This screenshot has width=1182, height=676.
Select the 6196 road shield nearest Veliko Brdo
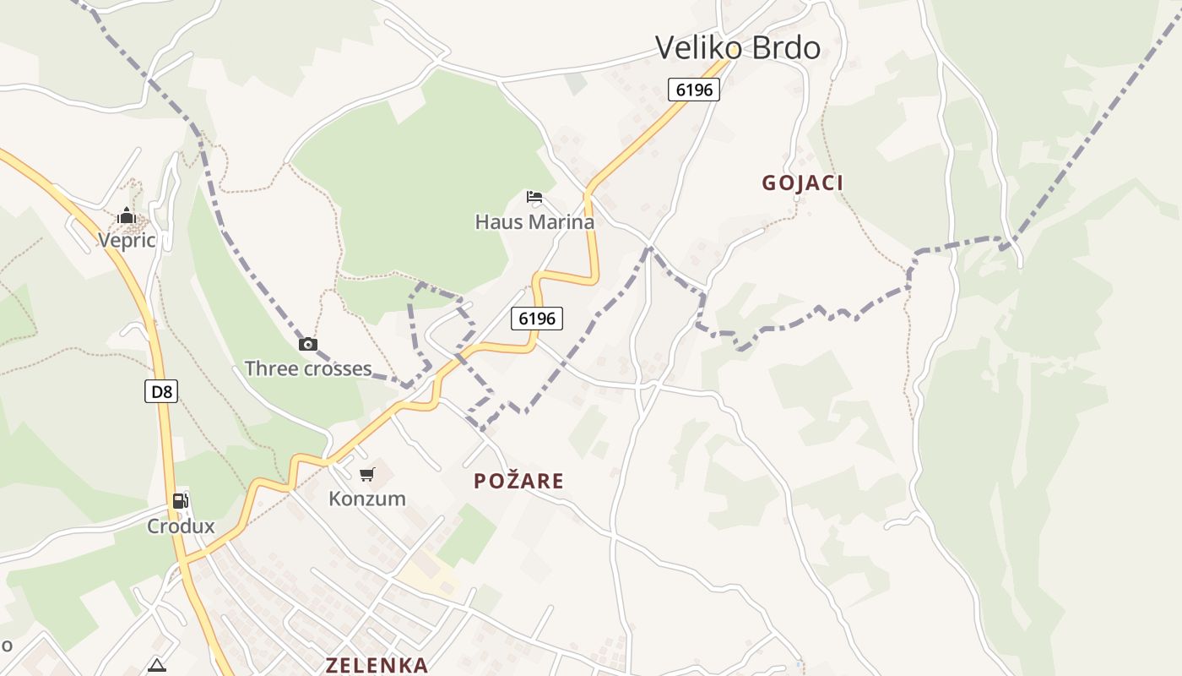point(694,90)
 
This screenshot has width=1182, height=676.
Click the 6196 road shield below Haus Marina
point(537,319)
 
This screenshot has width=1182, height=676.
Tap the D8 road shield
point(160,391)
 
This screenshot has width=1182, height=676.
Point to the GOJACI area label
point(802,183)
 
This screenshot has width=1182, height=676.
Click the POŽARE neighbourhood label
point(518,481)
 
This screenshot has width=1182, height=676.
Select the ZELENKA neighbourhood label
point(377,665)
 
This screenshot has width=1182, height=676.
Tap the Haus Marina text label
point(534,222)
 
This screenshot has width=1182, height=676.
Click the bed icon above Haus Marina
point(534,198)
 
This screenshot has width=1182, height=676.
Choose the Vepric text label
point(127,241)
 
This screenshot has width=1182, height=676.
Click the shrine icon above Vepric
point(127,216)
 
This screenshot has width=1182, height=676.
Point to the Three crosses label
point(308,368)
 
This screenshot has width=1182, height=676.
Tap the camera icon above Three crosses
point(308,344)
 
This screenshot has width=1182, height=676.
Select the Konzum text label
point(367,499)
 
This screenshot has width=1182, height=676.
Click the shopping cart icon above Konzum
point(367,475)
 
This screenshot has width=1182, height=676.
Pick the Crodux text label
point(181,526)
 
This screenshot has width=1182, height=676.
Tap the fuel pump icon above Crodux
point(181,501)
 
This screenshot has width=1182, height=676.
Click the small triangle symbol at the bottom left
point(157,666)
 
